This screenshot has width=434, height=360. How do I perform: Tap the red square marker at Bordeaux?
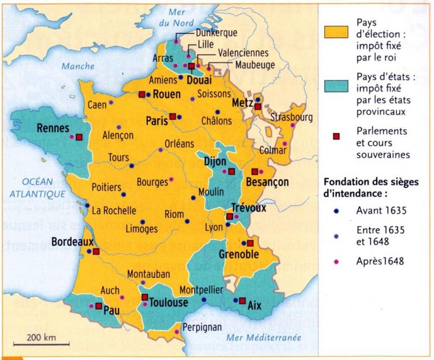96,251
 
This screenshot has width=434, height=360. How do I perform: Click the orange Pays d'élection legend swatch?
336,31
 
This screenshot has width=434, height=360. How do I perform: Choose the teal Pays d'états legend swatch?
336,85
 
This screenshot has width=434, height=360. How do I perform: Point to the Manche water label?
78,66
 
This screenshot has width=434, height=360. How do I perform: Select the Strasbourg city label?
292,117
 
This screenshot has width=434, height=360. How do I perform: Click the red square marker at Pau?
99,306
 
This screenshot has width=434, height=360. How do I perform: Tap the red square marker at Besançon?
254,171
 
